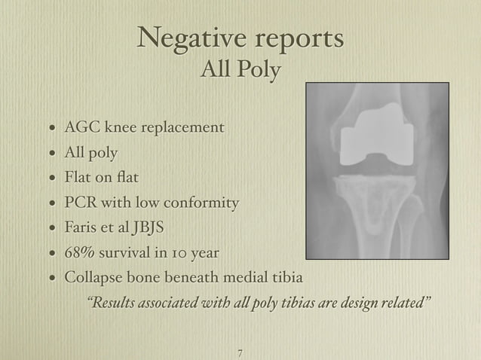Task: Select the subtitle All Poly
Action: [240, 71]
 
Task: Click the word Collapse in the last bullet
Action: [93, 278]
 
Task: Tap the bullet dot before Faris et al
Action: [50, 229]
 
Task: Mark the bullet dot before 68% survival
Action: [50, 255]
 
